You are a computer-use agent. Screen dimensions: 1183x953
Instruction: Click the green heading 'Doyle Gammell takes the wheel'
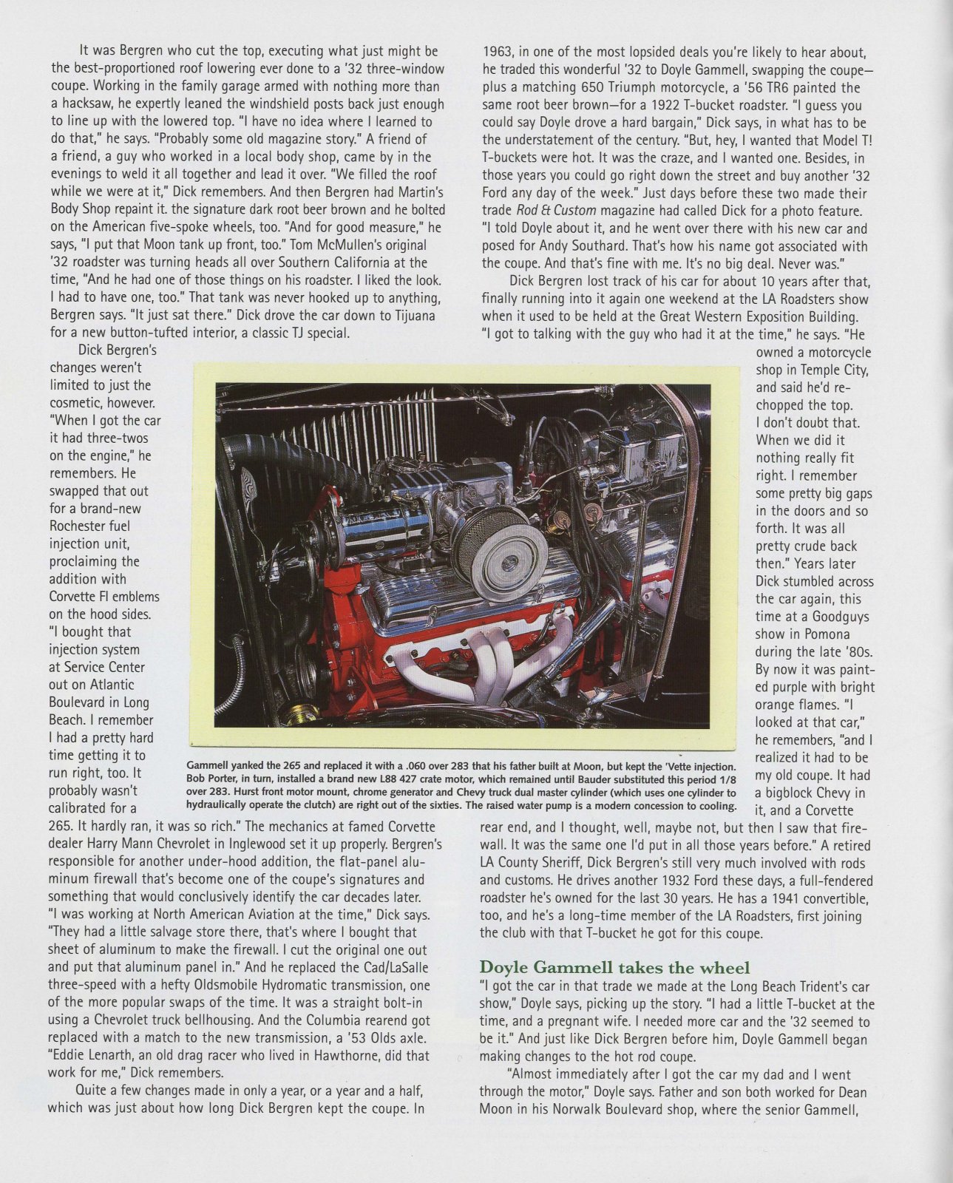pyautogui.click(x=614, y=968)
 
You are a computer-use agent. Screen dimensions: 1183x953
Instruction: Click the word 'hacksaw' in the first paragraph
pyautogui.click(x=79, y=104)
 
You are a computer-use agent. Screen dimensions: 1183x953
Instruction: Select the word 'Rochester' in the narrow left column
pyautogui.click(x=79, y=526)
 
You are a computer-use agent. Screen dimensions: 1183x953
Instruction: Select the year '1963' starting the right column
pyautogui.click(x=498, y=52)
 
